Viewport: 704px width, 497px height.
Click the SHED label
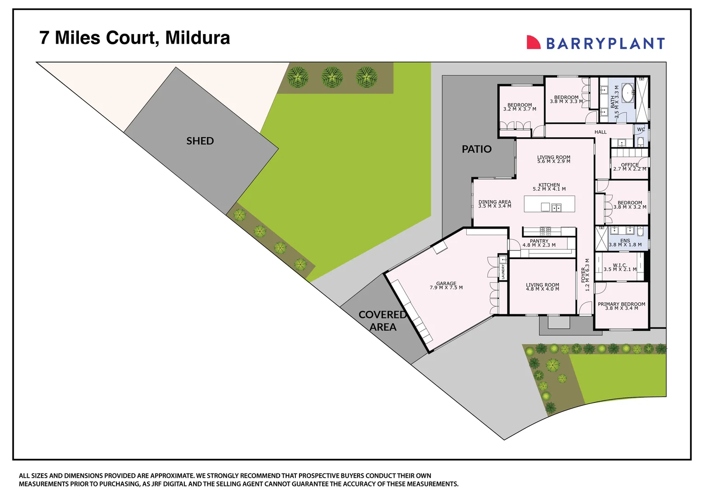click(200, 141)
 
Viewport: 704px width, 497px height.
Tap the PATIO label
click(476, 149)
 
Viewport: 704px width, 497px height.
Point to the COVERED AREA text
click(382, 321)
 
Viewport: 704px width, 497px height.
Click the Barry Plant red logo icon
click(533, 42)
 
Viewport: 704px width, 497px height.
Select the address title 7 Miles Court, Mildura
click(135, 38)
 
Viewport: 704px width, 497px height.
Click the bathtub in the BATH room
click(627, 93)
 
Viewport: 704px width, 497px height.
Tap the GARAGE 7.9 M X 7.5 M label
click(446, 286)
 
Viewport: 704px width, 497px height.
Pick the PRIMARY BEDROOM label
click(622, 306)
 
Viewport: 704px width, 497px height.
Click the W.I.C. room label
click(620, 267)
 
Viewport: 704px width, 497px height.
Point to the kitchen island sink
click(557, 208)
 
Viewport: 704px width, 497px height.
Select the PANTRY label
click(539, 243)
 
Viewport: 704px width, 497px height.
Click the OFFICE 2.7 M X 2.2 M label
click(629, 167)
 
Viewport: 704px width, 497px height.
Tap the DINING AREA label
click(494, 204)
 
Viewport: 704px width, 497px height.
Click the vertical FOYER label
click(585, 275)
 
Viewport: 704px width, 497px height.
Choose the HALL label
click(600, 132)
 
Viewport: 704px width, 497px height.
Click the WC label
click(641, 130)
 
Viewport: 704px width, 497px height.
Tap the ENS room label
click(625, 243)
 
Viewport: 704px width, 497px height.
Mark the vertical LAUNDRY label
click(503, 271)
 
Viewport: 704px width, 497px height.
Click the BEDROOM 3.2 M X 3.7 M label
click(520, 107)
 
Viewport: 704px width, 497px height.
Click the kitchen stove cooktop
click(546, 231)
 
